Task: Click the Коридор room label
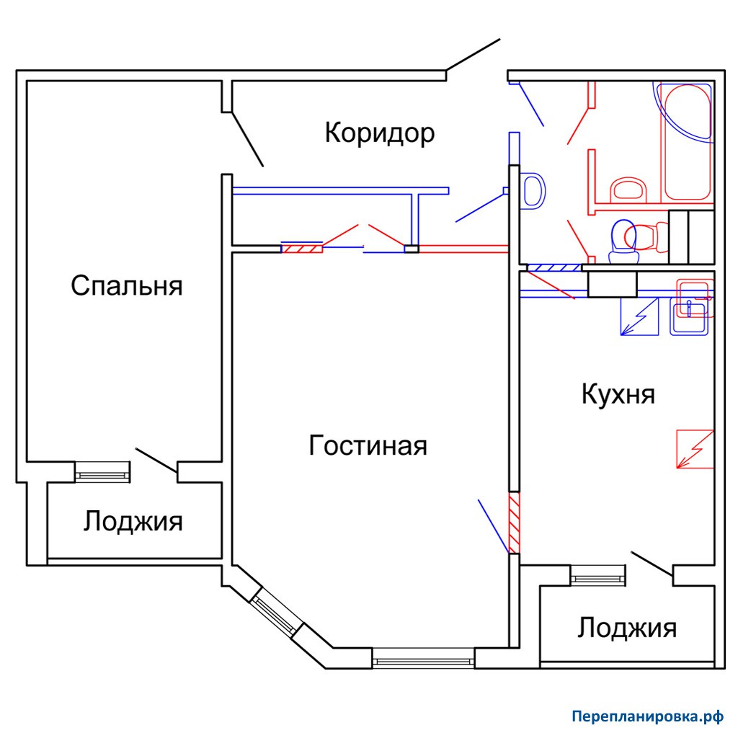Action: click(x=379, y=133)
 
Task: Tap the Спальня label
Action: click(x=127, y=285)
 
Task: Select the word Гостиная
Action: click(x=368, y=445)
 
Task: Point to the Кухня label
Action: click(x=618, y=394)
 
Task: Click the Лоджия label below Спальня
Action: click(x=133, y=522)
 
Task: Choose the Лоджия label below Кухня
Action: click(x=627, y=628)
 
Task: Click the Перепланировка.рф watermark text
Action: click(x=648, y=716)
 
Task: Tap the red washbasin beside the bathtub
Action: click(x=628, y=190)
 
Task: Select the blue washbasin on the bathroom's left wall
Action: click(x=533, y=190)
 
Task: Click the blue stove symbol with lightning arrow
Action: click(x=639, y=316)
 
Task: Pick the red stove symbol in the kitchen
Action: click(x=695, y=449)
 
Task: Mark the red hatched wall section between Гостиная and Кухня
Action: click(x=515, y=523)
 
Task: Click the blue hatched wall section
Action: click(x=554, y=268)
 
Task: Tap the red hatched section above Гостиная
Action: click(x=302, y=248)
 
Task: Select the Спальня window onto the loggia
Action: click(x=102, y=472)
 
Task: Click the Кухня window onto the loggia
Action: click(x=598, y=575)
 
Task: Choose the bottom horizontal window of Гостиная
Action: click(x=423, y=659)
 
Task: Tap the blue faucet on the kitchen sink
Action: click(x=689, y=308)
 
